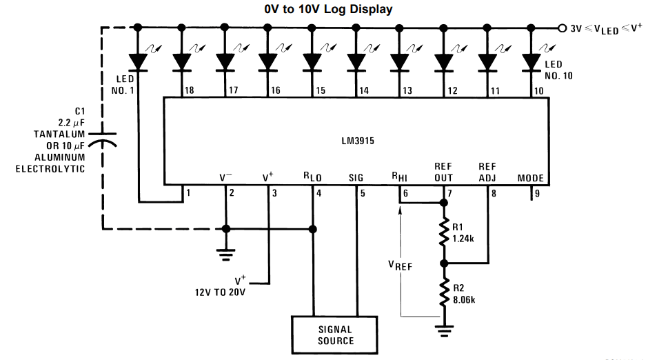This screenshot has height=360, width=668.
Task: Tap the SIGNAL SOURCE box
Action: click(x=335, y=334)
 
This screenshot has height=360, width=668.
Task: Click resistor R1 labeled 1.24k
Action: click(x=444, y=232)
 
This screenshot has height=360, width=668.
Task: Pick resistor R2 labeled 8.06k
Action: click(x=444, y=294)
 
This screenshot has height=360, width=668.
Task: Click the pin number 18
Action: click(x=189, y=90)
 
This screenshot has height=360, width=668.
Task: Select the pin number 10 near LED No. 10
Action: click(x=538, y=90)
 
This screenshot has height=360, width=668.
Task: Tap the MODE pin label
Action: click(x=531, y=178)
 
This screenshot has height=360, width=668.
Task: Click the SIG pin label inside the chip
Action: click(x=356, y=178)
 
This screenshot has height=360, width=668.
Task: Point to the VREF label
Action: click(x=400, y=265)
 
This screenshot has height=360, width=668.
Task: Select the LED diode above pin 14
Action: click(x=356, y=62)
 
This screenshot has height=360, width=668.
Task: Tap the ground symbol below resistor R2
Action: click(x=444, y=330)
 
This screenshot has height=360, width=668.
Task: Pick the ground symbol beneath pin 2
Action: click(x=225, y=254)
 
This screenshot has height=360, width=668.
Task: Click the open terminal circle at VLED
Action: click(x=561, y=28)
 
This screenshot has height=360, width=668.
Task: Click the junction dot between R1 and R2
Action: click(x=444, y=263)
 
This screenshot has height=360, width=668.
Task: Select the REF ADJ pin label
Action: click(x=488, y=172)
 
